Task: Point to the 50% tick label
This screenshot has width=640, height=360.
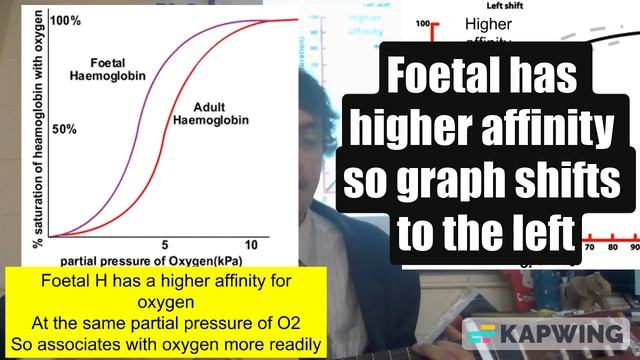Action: pyautogui.click(x=64, y=130)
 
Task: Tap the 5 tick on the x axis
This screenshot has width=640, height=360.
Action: pyautogui.click(x=162, y=245)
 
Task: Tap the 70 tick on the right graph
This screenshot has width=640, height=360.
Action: pyautogui.click(x=588, y=247)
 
